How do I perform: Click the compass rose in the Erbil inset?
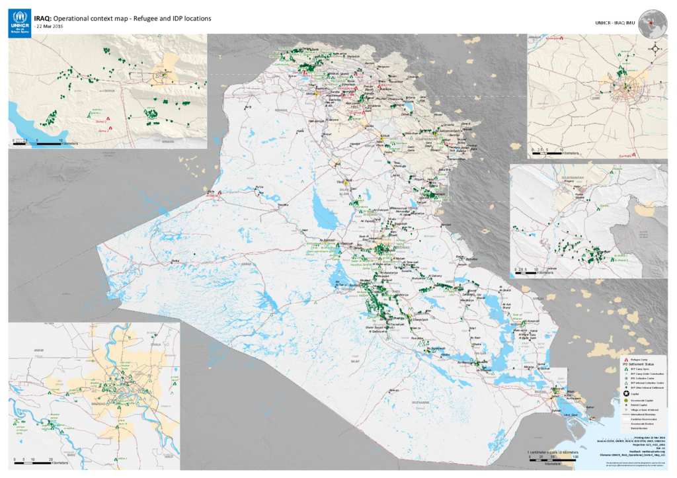tap(655, 48)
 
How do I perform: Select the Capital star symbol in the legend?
tap(625, 393)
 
